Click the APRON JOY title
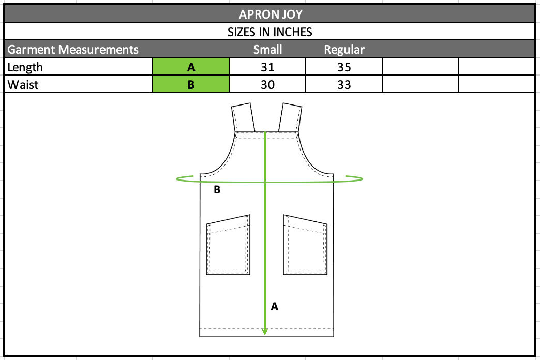(x=271, y=14)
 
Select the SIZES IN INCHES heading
(x=269, y=32)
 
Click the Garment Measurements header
(x=72, y=50)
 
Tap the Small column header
(x=267, y=50)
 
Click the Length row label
(x=25, y=67)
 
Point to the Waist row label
(x=23, y=85)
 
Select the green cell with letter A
(x=191, y=67)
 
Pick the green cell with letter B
(x=191, y=84)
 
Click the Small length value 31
(x=267, y=67)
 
